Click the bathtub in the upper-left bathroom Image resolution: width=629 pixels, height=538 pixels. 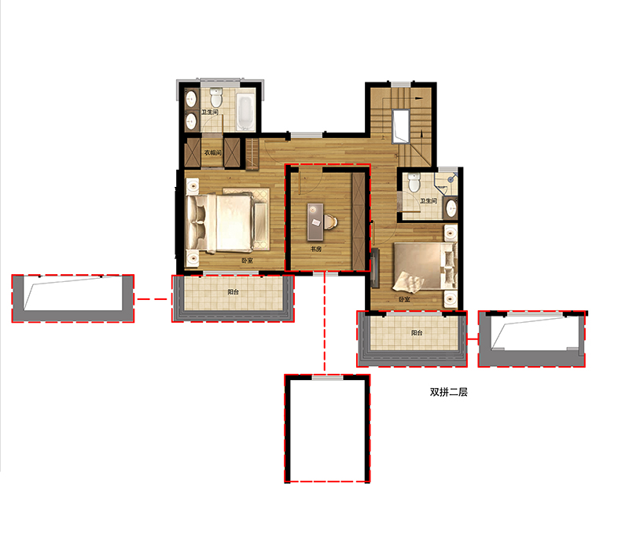point(245,112)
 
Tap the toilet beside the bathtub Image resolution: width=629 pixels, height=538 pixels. point(216,97)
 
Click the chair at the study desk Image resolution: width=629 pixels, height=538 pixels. point(330,221)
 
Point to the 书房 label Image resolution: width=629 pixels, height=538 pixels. point(316,249)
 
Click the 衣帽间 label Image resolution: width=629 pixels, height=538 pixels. point(212,152)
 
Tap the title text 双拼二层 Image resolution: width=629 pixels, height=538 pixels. point(448,392)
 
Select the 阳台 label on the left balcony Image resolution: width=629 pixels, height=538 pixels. point(233,292)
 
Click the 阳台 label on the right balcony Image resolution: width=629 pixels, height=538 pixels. point(417,332)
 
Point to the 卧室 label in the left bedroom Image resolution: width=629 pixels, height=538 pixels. point(247,261)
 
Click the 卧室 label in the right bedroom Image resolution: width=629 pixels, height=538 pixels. point(404,299)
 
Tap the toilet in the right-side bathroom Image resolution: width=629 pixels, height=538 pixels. point(414,182)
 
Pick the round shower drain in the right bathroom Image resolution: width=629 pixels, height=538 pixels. point(451,180)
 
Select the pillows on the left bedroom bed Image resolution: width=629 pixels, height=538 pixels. point(197,224)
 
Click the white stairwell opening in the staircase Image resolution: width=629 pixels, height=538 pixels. point(401,126)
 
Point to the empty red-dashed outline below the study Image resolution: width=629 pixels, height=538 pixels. point(327,429)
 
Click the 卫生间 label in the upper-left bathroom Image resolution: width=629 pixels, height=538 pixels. point(209,112)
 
